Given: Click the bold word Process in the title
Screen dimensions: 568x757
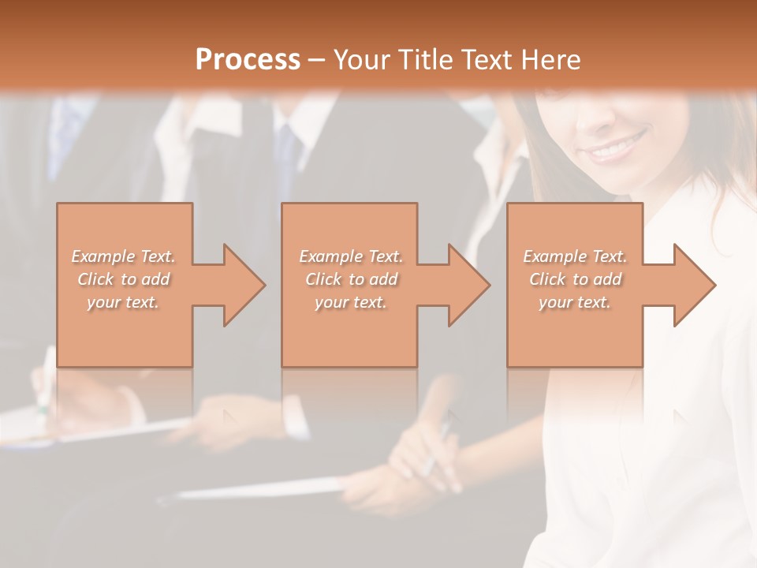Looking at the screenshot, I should point(248,59).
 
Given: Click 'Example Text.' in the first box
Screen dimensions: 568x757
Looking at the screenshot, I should point(124,256).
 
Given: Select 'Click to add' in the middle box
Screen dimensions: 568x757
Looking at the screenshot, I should point(352,279).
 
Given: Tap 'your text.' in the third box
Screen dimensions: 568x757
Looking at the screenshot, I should point(575,302).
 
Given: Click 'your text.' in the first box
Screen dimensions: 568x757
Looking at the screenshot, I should point(124,302).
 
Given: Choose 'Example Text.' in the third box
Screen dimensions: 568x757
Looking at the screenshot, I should point(575,256).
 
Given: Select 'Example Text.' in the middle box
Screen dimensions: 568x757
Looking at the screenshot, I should point(352,256).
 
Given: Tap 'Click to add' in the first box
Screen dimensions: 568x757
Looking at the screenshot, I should point(124,279).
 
